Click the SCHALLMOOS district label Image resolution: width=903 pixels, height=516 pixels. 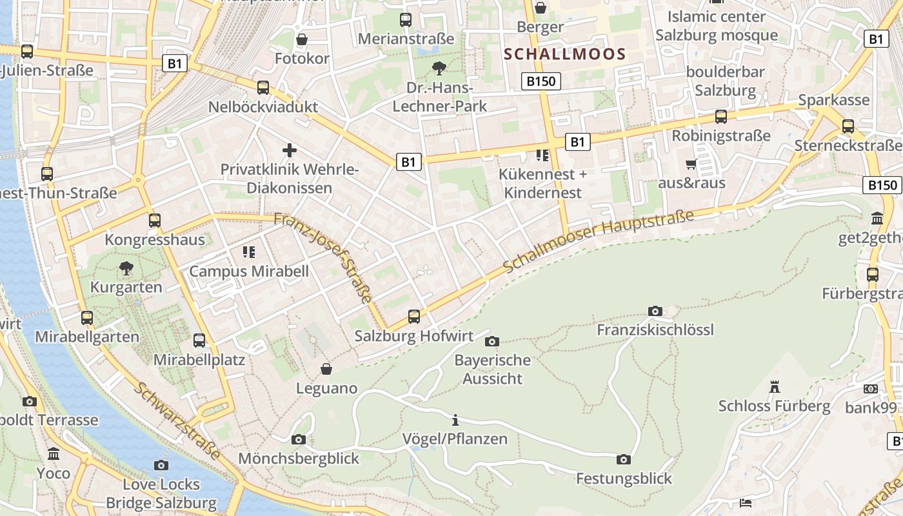tap(565, 54)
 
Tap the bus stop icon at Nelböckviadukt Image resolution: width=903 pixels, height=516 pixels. tap(263, 88)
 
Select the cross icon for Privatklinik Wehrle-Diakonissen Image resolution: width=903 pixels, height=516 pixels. tap(290, 150)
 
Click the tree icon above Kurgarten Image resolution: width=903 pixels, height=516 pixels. tap(126, 268)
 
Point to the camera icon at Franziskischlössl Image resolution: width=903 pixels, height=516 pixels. tap(655, 312)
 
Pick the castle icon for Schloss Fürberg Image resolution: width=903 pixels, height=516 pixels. tap(775, 387)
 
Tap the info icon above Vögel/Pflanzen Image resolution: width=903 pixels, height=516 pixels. tap(455, 420)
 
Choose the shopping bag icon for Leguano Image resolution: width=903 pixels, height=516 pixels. tap(326, 369)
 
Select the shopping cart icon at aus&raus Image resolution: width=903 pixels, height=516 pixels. tap(691, 164)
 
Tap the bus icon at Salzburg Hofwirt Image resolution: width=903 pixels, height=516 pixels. tap(414, 317)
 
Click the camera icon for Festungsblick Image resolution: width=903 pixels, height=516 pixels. tap(623, 459)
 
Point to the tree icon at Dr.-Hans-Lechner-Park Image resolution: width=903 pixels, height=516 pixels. tap(439, 68)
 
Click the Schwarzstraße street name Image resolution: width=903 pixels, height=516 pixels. tap(177, 421)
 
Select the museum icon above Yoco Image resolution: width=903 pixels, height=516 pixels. tap(54, 454)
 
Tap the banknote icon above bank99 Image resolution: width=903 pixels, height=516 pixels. tap(871, 389)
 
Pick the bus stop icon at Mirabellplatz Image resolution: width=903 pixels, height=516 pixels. tap(199, 341)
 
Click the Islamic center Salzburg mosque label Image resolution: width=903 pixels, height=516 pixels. tap(717, 25)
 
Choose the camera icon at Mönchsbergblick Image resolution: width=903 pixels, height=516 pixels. tap(298, 439)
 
